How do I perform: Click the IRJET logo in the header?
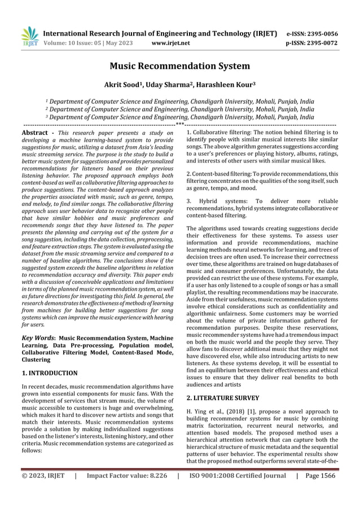(29, 36)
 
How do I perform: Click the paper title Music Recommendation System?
(179, 67)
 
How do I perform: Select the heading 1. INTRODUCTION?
(50, 373)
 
